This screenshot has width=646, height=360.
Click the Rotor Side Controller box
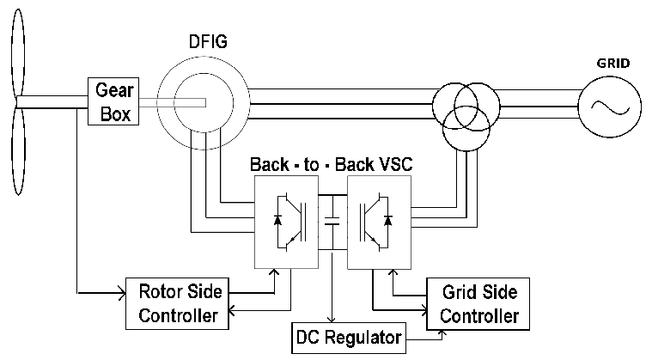(178, 302)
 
